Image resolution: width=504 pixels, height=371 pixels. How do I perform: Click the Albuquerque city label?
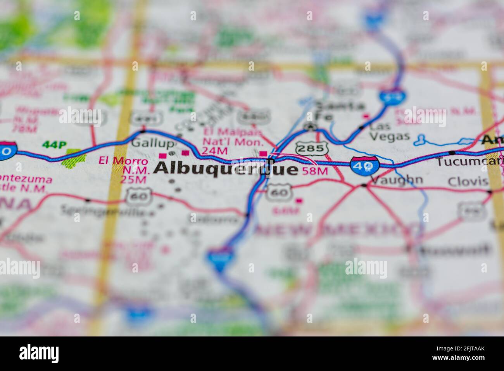point(226,169)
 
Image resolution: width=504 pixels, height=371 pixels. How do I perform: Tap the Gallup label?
point(152,143)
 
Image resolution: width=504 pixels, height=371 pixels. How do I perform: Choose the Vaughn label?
point(397,180)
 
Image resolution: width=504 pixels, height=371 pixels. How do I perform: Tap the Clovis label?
point(468,181)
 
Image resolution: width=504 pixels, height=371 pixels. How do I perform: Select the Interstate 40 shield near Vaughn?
point(365,165)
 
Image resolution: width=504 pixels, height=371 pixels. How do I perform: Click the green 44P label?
point(54,145)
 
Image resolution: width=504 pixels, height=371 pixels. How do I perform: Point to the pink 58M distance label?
point(315,171)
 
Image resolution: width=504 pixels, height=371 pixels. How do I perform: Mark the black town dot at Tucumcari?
point(452,153)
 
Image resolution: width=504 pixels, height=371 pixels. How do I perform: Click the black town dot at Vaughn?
point(363,185)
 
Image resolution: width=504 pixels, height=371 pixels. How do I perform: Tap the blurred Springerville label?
point(107,211)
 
